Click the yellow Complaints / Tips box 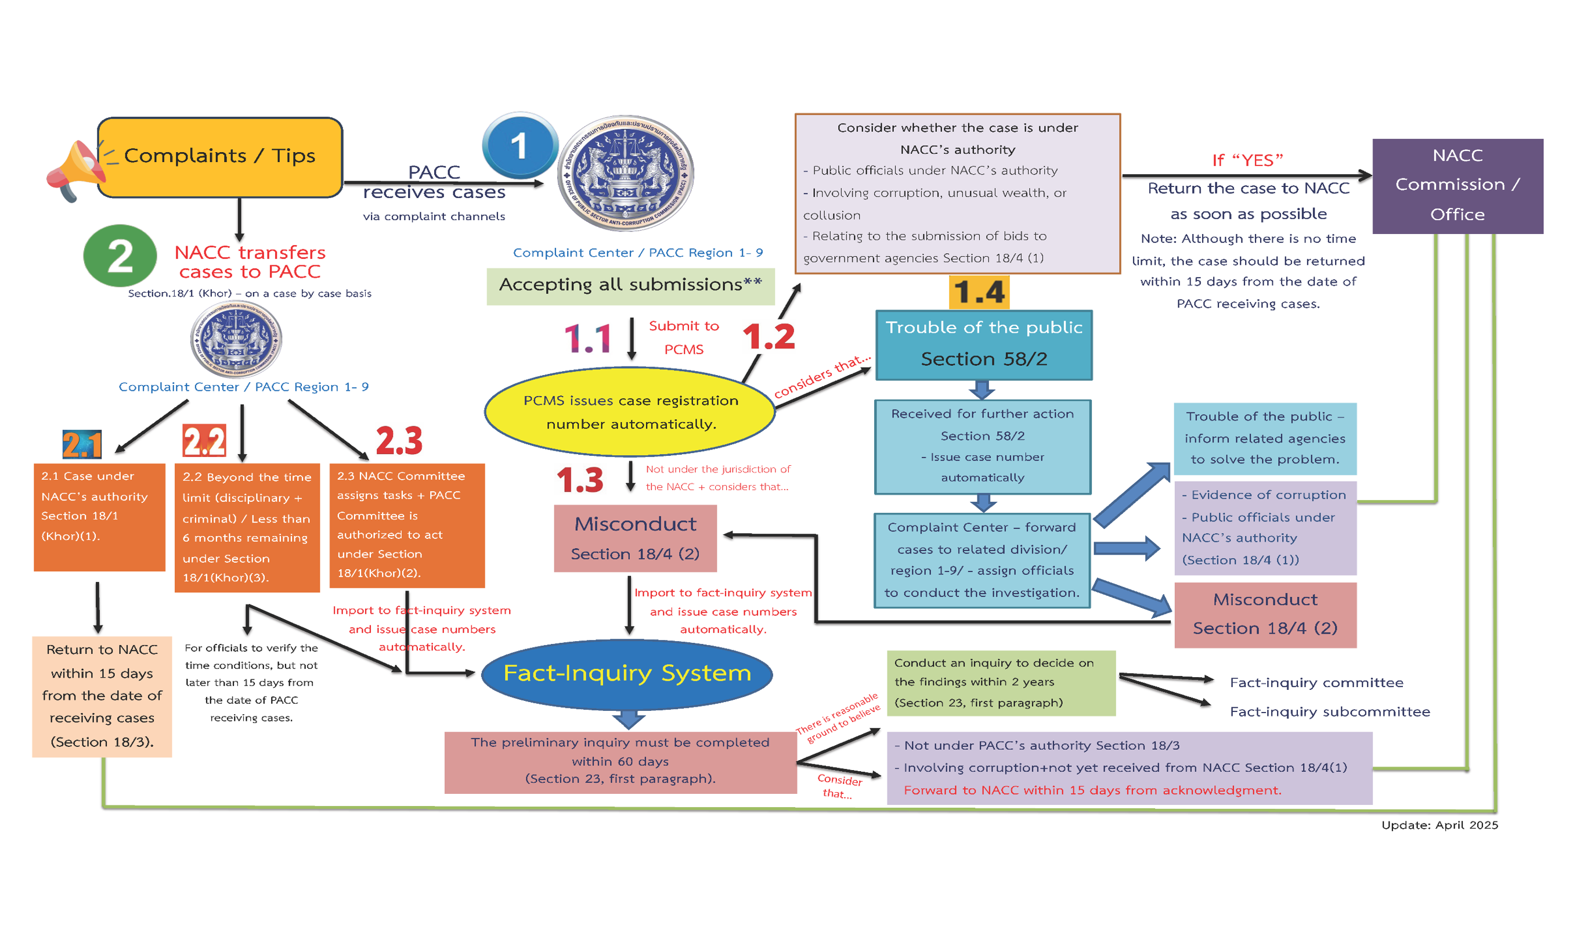click(220, 157)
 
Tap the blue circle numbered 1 click(519, 146)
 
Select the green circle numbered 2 click(120, 256)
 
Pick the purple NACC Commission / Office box click(1456, 185)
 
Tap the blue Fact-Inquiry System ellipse click(626, 673)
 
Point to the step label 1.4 click(979, 292)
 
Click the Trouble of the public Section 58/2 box click(983, 344)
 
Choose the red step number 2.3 click(399, 441)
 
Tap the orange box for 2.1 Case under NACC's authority click(99, 516)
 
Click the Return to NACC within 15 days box click(102, 696)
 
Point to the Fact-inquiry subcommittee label click(1329, 711)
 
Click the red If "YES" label click(1247, 160)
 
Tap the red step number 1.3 click(579, 480)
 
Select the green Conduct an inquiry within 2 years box click(1000, 683)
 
